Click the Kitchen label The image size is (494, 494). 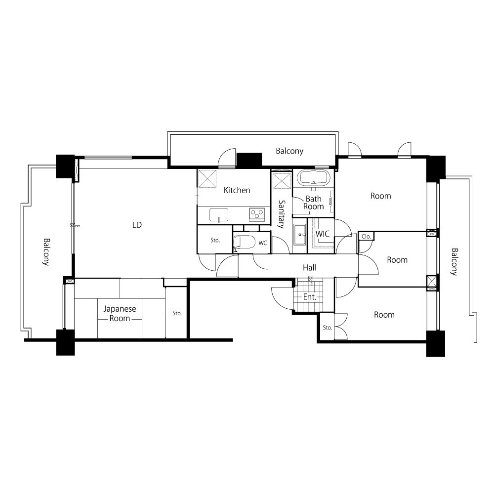(x=237, y=190)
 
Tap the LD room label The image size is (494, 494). (x=137, y=225)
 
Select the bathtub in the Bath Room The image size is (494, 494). (x=314, y=177)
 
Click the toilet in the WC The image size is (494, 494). (x=244, y=243)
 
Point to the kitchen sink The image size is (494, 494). (x=219, y=215)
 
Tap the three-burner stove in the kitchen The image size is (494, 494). (x=257, y=214)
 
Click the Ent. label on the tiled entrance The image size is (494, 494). (x=310, y=297)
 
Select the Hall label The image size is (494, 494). (x=309, y=268)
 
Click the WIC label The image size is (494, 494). (x=322, y=234)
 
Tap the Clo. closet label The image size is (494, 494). (x=366, y=236)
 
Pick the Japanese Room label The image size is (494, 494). (x=120, y=314)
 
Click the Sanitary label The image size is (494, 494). (x=281, y=214)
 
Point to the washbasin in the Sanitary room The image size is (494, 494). (x=300, y=234)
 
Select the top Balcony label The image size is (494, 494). (x=289, y=151)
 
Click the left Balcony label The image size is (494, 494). (x=46, y=252)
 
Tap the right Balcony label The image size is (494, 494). (x=454, y=262)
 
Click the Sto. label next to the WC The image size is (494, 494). (x=215, y=241)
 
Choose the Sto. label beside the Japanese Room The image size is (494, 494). (x=177, y=313)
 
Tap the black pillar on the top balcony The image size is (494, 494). (x=249, y=160)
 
